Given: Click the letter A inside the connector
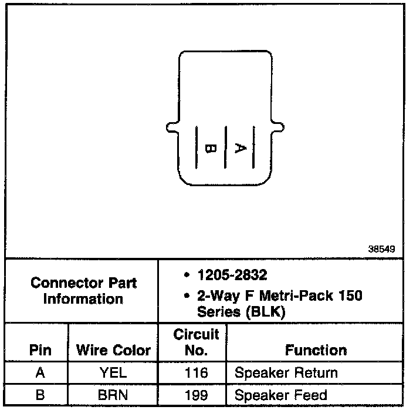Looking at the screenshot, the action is click(239, 148).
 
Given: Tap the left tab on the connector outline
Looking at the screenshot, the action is click(171, 126).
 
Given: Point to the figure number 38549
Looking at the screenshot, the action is click(381, 249).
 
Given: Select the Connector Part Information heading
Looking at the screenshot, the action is click(83, 290).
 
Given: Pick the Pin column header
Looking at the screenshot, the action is click(40, 351).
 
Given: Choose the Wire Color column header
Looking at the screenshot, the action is click(114, 351).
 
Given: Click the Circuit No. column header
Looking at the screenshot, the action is click(196, 342).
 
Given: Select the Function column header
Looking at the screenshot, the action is click(316, 351).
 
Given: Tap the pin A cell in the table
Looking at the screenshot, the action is click(40, 372).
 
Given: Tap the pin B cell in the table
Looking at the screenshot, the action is click(40, 395).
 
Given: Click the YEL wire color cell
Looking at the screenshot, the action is click(113, 372).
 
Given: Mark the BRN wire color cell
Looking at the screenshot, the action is click(113, 395).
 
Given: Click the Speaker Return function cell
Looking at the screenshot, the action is click(286, 372).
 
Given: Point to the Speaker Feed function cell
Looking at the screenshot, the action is click(280, 395).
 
